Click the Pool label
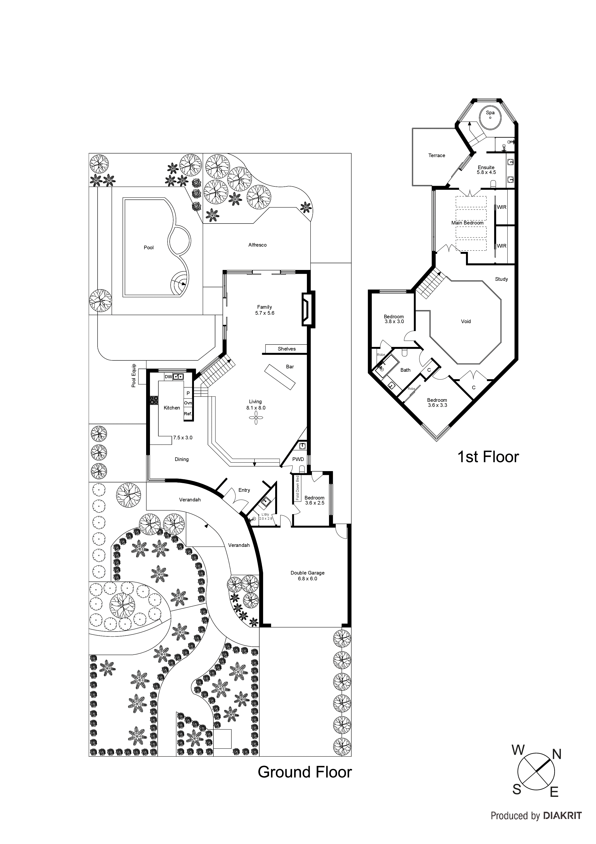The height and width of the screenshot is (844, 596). point(148,247)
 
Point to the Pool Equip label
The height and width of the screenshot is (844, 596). point(134,376)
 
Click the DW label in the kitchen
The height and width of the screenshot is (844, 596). point(168,377)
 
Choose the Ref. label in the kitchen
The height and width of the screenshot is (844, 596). point(188,414)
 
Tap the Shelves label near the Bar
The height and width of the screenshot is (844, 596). point(286,349)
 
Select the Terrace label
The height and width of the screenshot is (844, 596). point(437,155)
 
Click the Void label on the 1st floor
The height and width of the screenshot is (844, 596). point(466,321)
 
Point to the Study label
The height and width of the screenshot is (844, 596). point(501,279)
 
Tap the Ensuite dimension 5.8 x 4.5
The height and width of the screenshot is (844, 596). point(486,173)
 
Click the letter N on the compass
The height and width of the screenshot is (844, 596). point(557,755)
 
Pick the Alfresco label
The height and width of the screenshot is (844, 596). point(257,245)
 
